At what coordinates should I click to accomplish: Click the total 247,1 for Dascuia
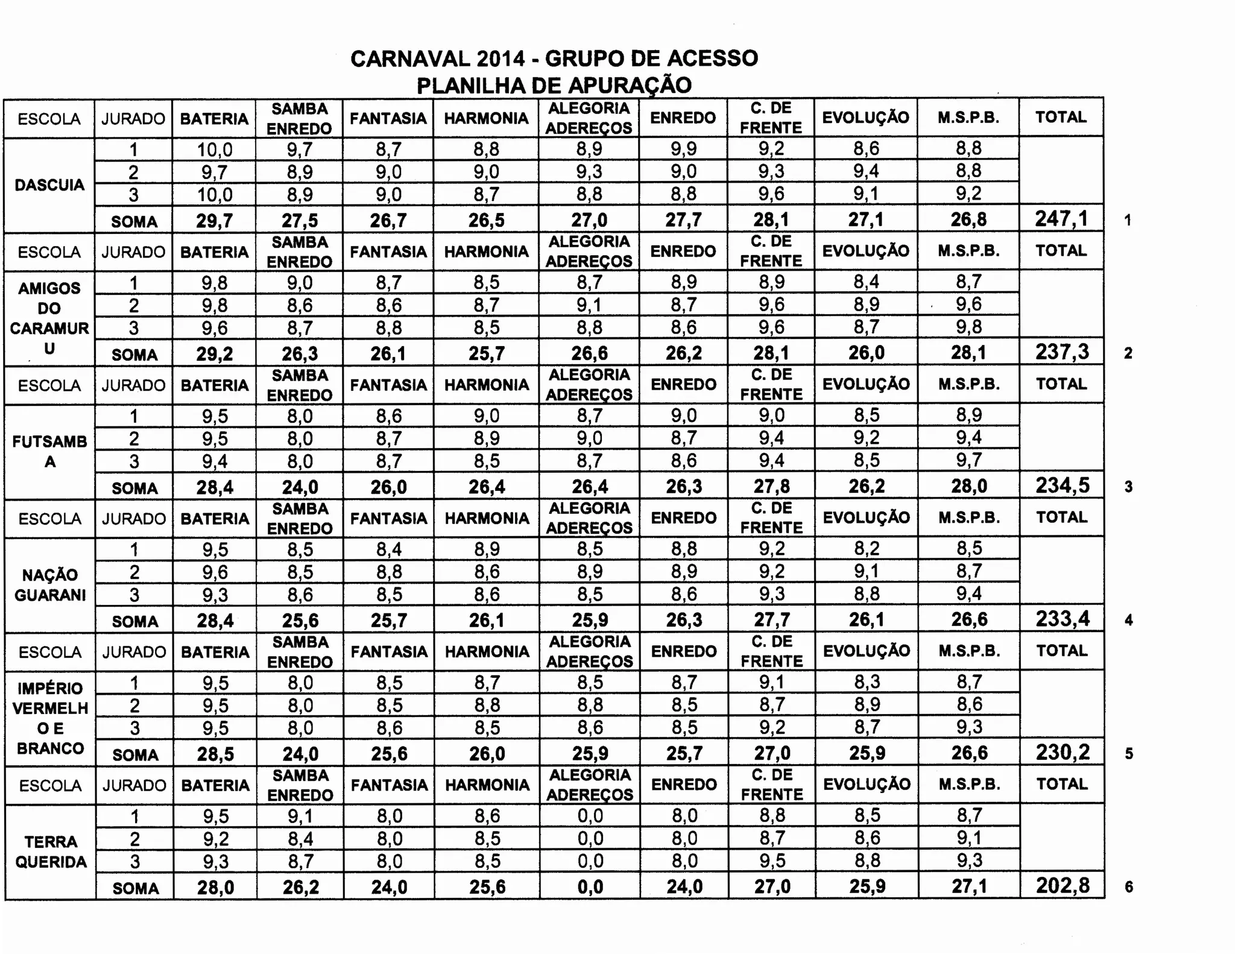click(1061, 219)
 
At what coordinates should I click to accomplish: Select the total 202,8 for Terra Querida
click(1063, 885)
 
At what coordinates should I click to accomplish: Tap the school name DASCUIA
click(49, 185)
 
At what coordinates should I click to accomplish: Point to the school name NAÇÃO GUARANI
click(50, 585)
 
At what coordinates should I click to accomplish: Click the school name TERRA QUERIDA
click(51, 851)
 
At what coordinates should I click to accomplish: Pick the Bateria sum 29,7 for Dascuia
click(215, 221)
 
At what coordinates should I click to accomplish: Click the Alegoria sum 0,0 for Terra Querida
click(590, 886)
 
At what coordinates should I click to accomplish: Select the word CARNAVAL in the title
click(409, 59)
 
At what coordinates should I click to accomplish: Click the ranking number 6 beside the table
click(1129, 887)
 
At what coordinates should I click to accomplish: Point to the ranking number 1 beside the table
click(1127, 221)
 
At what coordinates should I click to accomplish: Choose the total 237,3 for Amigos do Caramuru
click(1062, 352)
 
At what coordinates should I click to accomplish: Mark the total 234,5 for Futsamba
click(1063, 485)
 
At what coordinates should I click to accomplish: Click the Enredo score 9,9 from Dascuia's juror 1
click(683, 149)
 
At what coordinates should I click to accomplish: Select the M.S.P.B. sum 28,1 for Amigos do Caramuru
click(968, 353)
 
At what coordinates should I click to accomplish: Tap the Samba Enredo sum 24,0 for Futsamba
click(300, 487)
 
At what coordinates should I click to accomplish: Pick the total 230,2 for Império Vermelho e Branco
click(1063, 752)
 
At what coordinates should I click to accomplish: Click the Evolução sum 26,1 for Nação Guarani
click(867, 620)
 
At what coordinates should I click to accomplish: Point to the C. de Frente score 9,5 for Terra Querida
click(772, 861)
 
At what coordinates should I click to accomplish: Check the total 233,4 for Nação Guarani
click(1063, 619)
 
